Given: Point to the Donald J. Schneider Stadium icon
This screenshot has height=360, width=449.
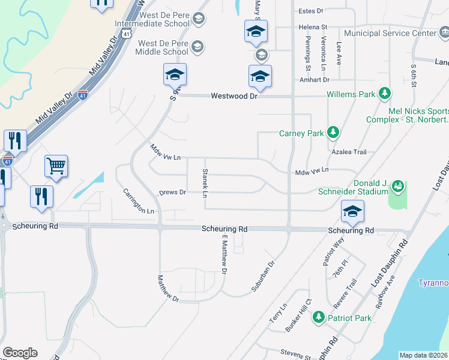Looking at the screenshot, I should [397, 187].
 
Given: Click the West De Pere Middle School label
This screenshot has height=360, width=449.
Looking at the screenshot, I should [163, 47].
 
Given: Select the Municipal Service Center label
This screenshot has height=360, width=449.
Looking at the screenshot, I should [391, 34].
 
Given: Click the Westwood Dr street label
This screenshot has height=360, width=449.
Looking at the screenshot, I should [234, 96].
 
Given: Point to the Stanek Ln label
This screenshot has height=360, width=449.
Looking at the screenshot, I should [205, 183].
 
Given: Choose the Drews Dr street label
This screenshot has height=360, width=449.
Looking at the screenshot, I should [173, 193].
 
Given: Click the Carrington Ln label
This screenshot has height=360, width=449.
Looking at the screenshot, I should [139, 201].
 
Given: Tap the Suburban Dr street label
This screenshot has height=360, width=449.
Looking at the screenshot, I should [262, 272].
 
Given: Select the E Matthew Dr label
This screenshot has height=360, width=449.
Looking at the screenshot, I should [223, 254].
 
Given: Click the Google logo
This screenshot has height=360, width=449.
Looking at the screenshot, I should [20, 353].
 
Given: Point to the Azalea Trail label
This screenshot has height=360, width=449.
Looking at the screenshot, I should [351, 152].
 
